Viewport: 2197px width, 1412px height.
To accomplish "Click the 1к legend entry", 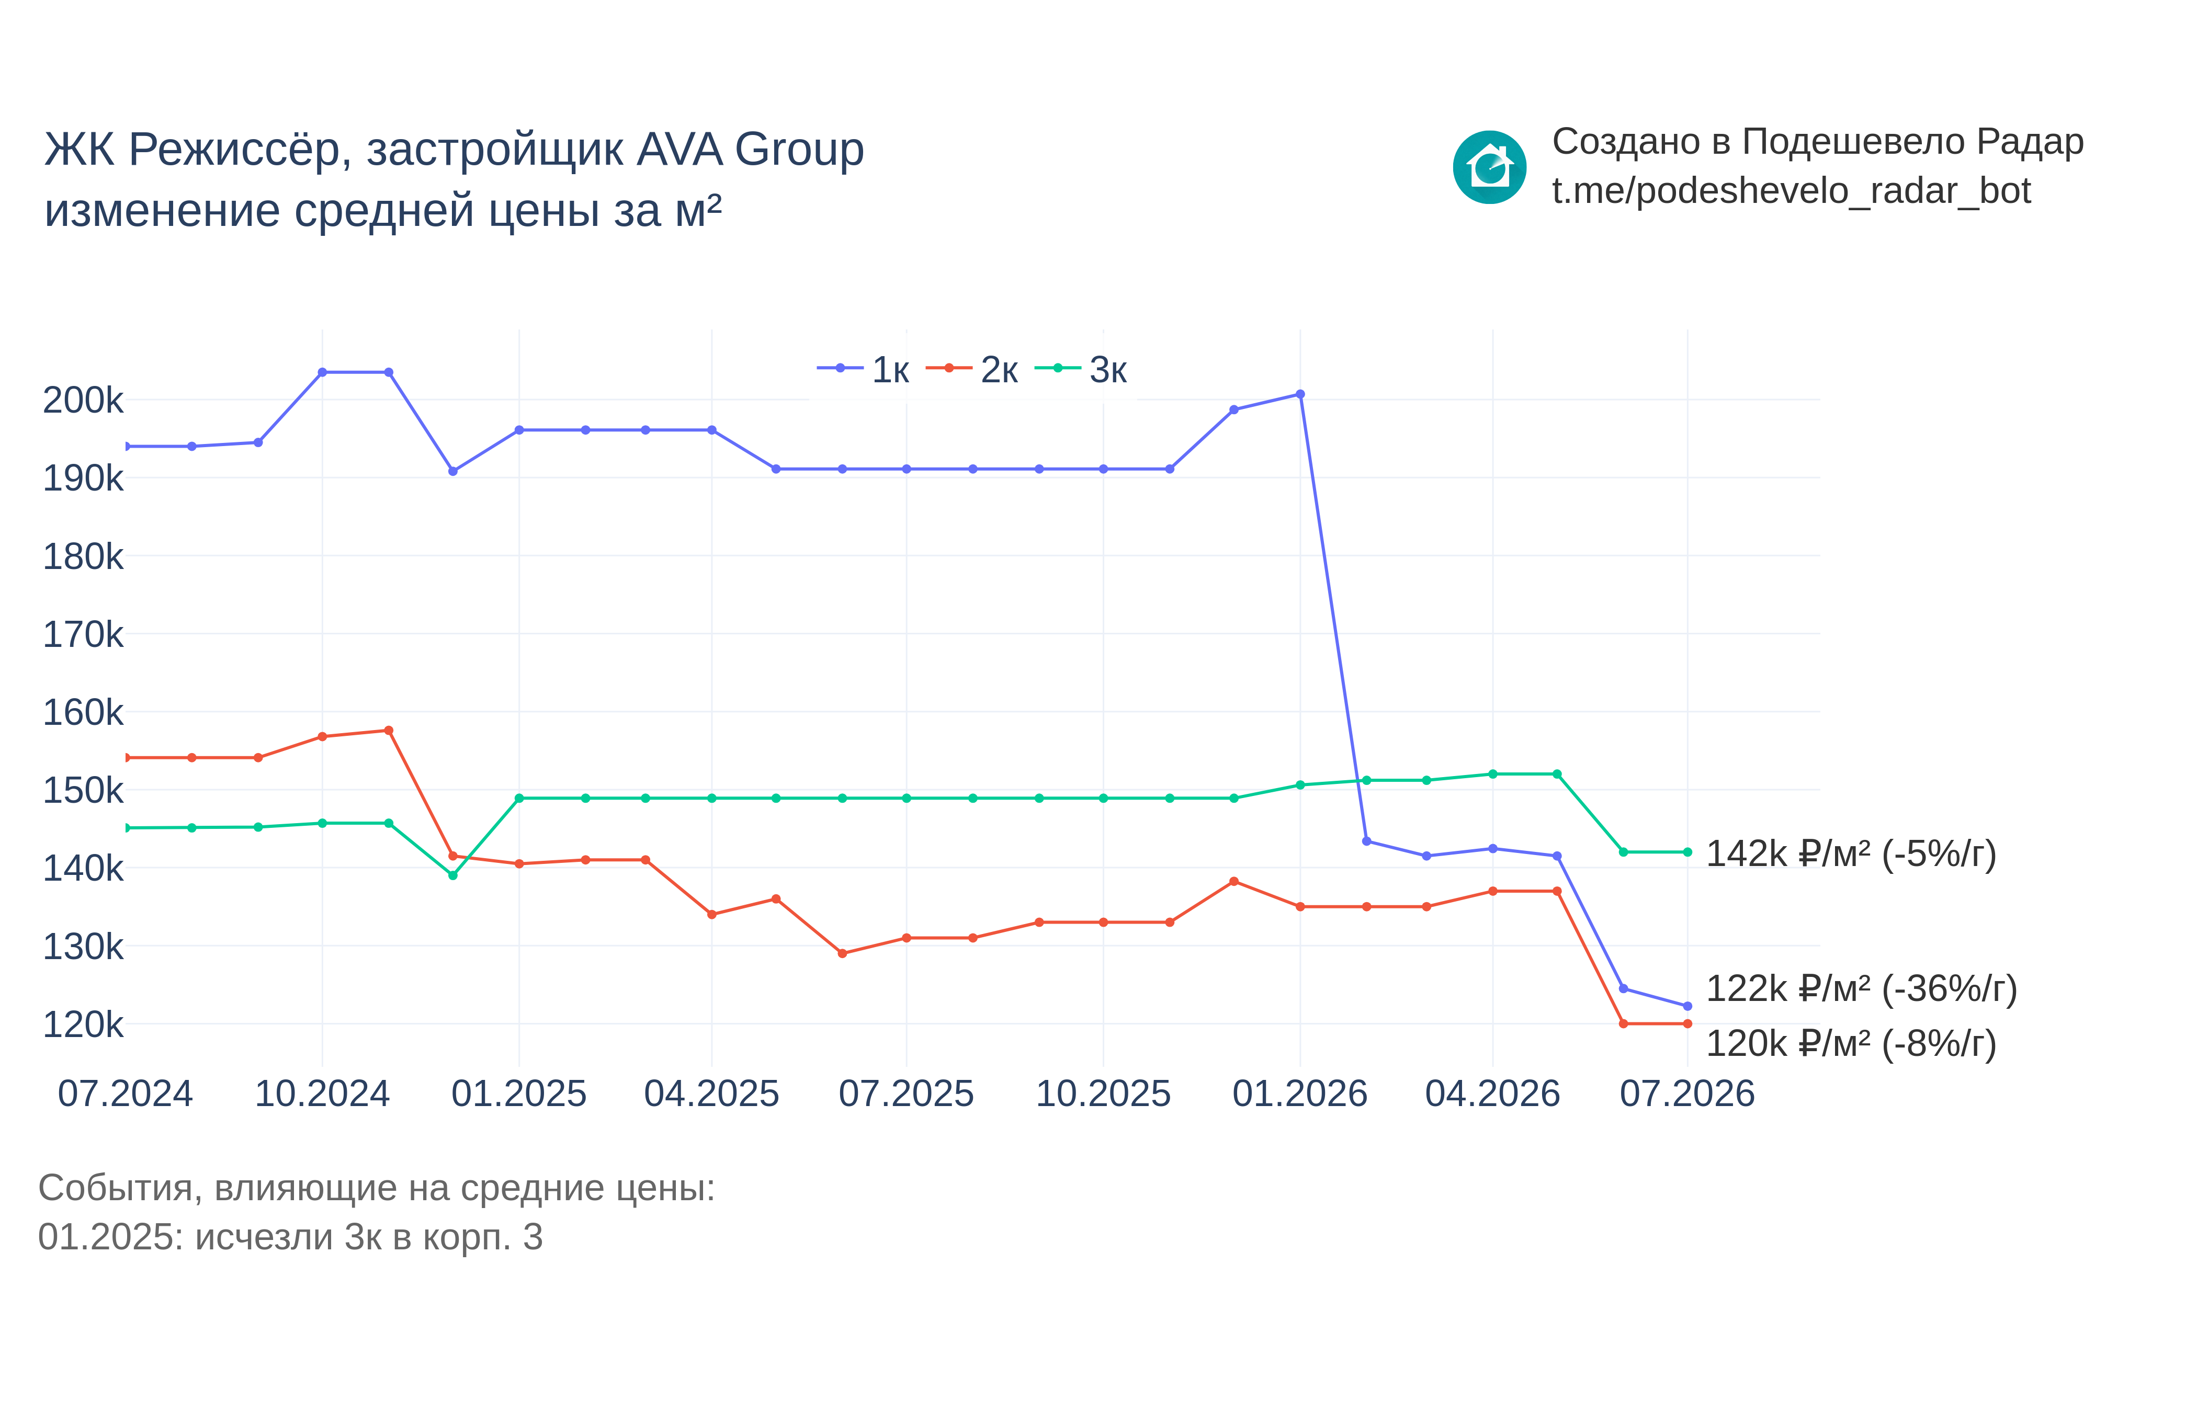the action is (862, 370).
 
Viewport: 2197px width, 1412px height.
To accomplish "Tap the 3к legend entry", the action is (1080, 370).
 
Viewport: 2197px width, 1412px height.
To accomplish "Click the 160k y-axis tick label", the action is (83, 712).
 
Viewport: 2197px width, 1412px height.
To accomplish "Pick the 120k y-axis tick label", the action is (83, 1024).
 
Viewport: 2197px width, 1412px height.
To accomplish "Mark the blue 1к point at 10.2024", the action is (322, 372).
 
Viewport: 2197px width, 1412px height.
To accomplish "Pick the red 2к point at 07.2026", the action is (1687, 1023).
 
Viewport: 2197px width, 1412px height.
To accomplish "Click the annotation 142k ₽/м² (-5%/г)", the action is (1850, 853).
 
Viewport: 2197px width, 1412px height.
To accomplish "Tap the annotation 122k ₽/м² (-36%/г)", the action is (1861, 988).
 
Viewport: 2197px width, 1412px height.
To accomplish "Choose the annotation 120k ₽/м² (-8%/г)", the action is (1850, 1043).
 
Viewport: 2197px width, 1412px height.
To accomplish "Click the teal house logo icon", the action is (1489, 167).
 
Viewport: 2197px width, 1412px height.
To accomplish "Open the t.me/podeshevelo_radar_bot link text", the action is (1791, 191).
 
